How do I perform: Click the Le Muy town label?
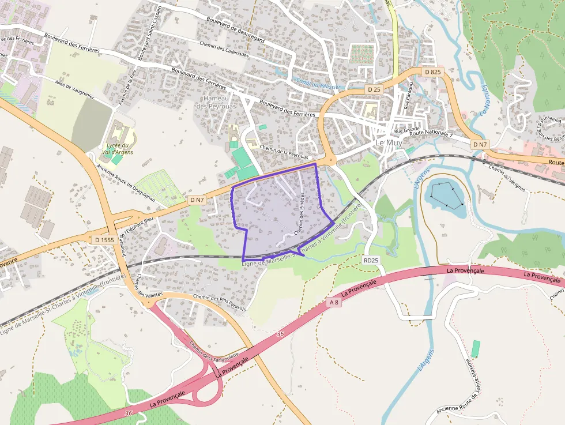[x=389, y=142]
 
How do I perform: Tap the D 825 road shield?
[x=432, y=72]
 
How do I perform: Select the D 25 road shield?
[x=374, y=89]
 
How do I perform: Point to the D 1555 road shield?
[x=105, y=239]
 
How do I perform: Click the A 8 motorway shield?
[x=333, y=302]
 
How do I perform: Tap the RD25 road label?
[x=371, y=260]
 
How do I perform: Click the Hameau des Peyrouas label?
[x=217, y=102]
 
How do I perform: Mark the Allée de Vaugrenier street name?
[x=75, y=89]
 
